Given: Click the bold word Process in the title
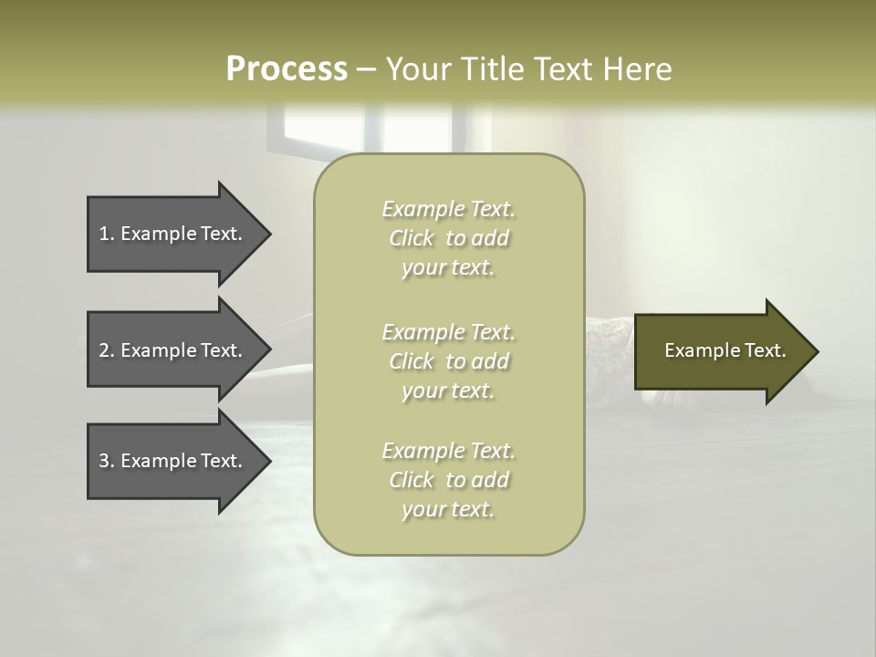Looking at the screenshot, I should tap(287, 69).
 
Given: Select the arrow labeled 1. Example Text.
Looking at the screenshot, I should tap(173, 234).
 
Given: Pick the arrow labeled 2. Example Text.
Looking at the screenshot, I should tap(173, 350).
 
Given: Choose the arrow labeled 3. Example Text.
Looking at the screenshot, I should tap(173, 461).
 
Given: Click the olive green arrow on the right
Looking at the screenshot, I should tap(721, 351).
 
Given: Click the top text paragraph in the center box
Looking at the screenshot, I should tap(448, 238).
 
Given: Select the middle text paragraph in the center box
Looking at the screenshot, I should tap(448, 361).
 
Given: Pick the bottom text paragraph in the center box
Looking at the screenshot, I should tap(448, 480).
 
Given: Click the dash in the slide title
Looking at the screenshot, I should tap(366, 70).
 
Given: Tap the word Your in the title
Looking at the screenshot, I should tap(415, 69).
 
